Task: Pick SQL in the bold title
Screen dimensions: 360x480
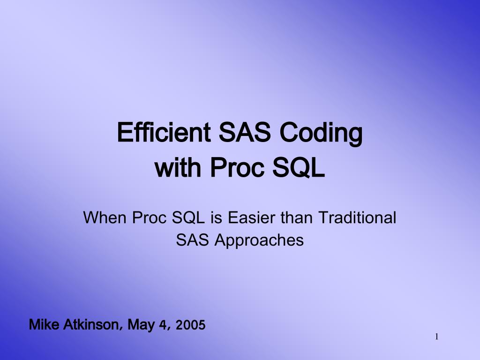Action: [x=300, y=167]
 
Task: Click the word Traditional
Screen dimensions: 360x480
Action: [x=357, y=217]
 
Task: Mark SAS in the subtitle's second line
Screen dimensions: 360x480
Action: [x=193, y=240]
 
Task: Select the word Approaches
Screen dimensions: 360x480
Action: [x=259, y=240]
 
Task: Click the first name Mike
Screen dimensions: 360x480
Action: [x=44, y=324]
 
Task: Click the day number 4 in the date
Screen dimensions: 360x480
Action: [x=163, y=324]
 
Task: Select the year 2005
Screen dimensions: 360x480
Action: [x=190, y=324]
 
